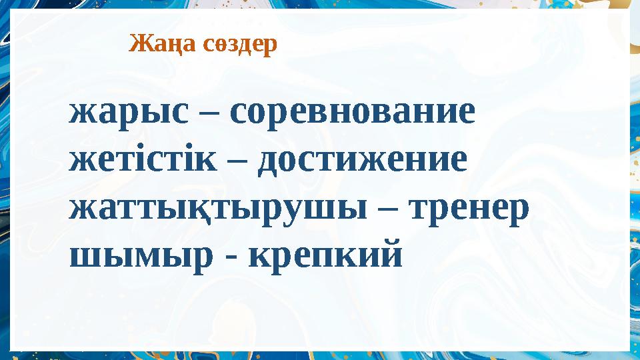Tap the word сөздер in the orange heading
point(239,45)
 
